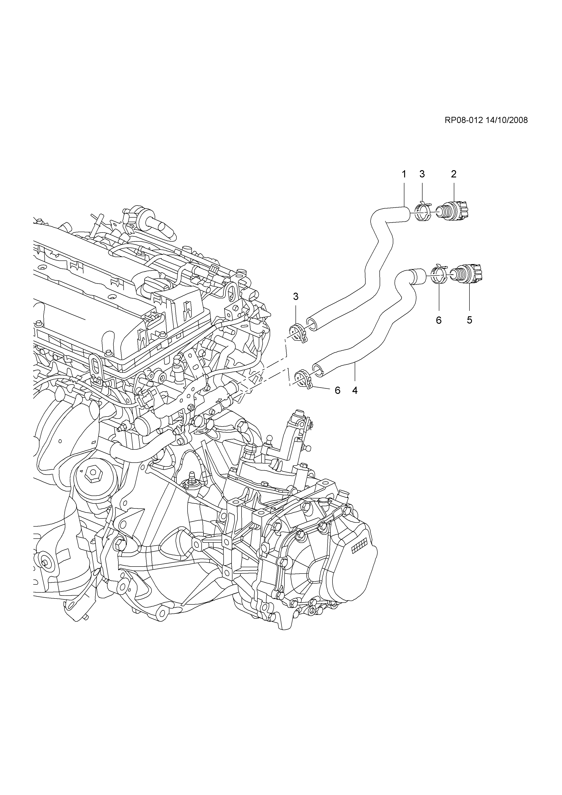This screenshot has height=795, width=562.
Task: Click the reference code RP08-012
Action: click(463, 120)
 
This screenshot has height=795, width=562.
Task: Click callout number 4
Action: click(355, 390)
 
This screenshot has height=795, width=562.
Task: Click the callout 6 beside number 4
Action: click(337, 390)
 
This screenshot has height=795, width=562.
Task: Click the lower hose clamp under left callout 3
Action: click(298, 333)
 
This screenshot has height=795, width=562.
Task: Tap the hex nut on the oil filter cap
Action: click(92, 472)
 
